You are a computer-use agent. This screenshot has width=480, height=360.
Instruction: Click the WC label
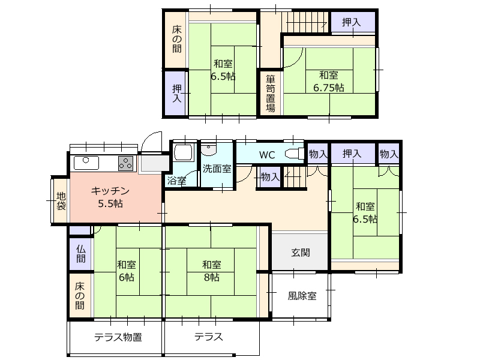point(267,155)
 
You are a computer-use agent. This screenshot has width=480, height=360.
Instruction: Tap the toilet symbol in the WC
point(295,154)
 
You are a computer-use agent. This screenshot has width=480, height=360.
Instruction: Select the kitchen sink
point(86,163)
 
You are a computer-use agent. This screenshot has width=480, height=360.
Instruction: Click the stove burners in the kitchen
point(126,163)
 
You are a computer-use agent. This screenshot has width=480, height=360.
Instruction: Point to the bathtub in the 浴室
point(183,153)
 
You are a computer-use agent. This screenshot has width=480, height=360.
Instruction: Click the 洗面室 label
point(217,169)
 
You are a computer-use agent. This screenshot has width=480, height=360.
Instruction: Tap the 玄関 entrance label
point(301,253)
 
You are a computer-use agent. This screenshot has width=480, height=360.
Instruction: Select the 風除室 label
point(302,296)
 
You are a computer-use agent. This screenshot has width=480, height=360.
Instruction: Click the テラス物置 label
point(118,337)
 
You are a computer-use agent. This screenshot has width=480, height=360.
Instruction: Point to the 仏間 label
point(81,254)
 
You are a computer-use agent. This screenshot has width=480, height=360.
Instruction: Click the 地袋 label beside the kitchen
point(61,201)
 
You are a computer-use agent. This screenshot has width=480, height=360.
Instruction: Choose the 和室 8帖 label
point(212,271)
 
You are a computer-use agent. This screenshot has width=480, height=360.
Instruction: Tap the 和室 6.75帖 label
point(328,82)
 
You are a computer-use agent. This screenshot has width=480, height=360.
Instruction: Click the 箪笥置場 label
point(271,94)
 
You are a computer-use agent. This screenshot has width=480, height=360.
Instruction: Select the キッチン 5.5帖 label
point(110,197)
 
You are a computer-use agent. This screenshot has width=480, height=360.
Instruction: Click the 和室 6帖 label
point(127,271)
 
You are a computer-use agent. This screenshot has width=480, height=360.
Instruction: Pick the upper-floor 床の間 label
point(176,39)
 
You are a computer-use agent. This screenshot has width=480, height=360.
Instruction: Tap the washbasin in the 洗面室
point(209,148)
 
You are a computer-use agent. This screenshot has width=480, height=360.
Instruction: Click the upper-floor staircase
point(305,22)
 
